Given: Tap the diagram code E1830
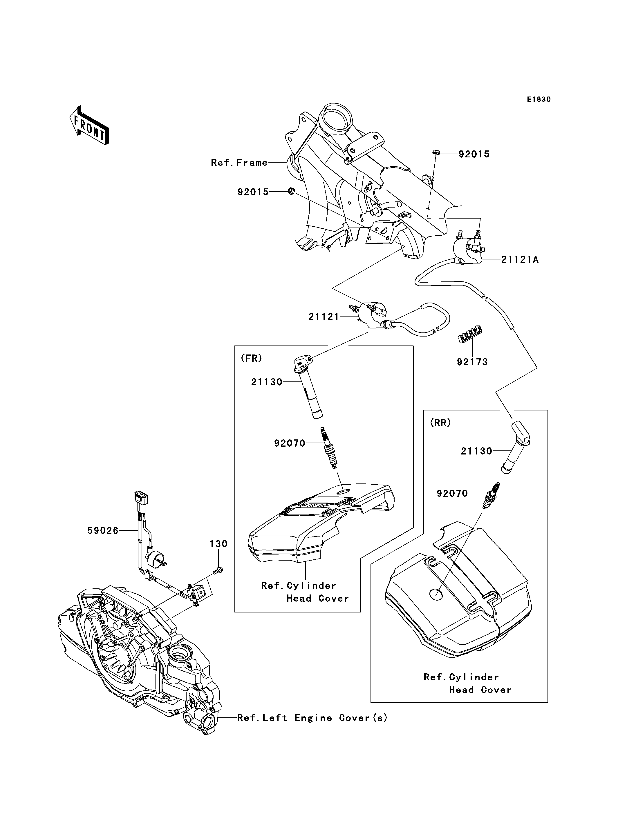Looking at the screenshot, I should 539,99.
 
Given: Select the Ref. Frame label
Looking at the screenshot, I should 239,163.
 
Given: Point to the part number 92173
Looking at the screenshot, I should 472,362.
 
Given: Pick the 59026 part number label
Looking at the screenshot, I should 103,531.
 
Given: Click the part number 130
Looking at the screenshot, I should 218,544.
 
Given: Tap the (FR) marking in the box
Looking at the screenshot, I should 251,358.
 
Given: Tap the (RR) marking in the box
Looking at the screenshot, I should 440,423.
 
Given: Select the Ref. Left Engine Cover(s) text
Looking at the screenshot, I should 312,718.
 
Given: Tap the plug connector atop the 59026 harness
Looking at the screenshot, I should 141,497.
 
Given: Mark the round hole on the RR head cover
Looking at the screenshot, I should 436,594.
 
